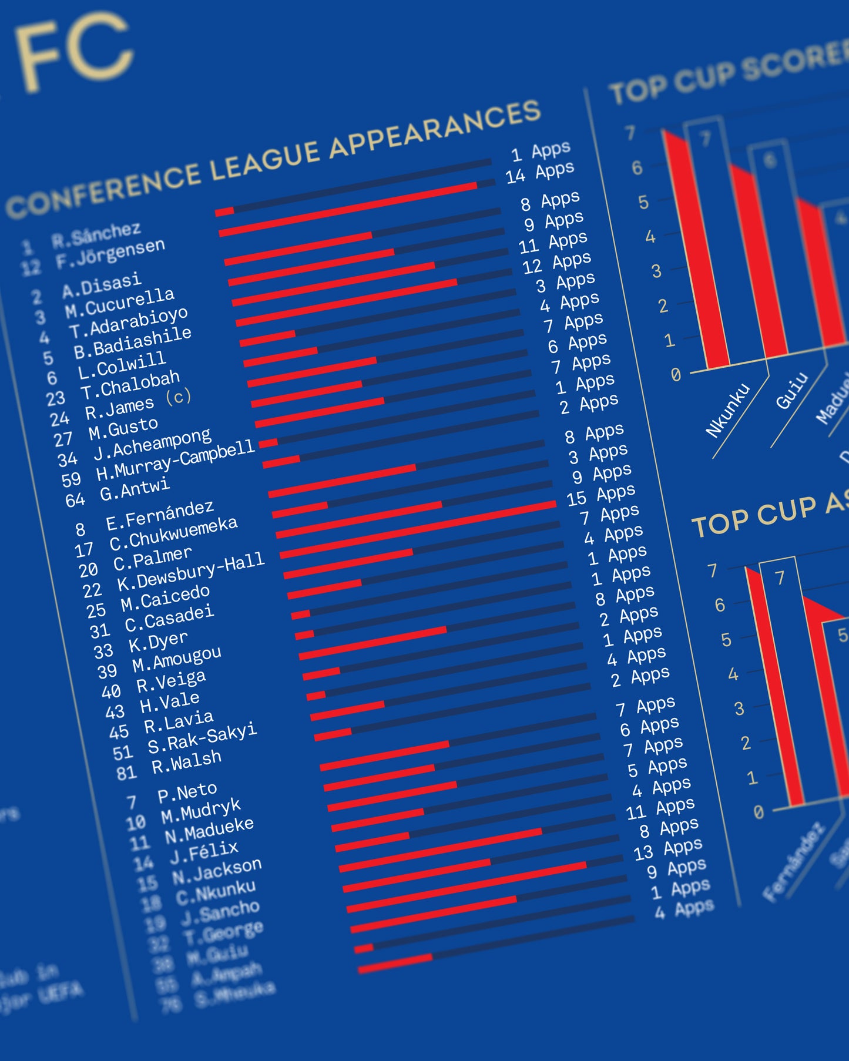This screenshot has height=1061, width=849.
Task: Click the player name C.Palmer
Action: (x=153, y=559)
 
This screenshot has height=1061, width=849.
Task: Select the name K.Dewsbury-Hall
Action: (x=191, y=572)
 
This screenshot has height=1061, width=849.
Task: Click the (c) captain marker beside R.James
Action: (x=178, y=397)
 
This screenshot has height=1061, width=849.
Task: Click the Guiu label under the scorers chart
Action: (x=791, y=391)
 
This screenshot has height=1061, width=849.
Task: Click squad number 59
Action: (x=71, y=479)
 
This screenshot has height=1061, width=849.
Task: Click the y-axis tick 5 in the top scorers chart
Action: (x=643, y=203)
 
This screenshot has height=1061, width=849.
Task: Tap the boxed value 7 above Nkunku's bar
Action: (x=705, y=139)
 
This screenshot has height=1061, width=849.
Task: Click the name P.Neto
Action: (x=187, y=793)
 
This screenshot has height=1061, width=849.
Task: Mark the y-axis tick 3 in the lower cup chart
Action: (x=739, y=709)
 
